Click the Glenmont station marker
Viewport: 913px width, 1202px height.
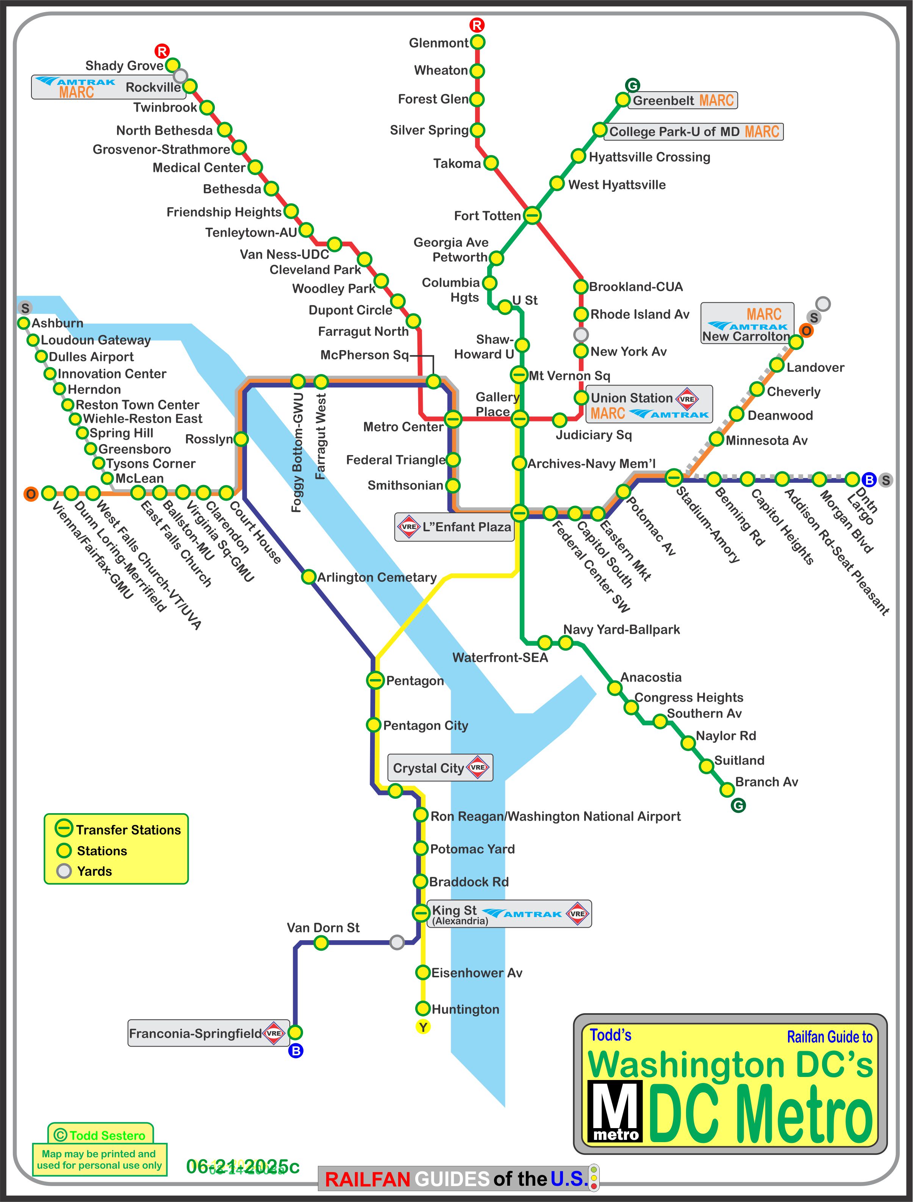[x=477, y=42]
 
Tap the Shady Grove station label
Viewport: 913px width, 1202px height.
[x=125, y=66]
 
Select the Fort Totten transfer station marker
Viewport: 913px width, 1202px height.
[x=532, y=215]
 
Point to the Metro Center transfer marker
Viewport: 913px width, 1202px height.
[x=453, y=419]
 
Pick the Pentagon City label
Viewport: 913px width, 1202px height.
[x=425, y=725]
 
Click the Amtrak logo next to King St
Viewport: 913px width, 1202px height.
[x=522, y=914]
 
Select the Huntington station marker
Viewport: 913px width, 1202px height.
[x=422, y=1008]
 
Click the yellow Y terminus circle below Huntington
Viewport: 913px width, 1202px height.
[x=423, y=1027]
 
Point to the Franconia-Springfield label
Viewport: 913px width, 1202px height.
[x=195, y=1033]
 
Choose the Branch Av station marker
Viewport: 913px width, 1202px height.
[x=727, y=789]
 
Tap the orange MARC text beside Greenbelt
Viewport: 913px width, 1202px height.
[x=716, y=100]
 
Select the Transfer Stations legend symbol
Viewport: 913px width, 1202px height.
[x=64, y=828]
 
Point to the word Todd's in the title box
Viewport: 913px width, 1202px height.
[x=610, y=1035]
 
